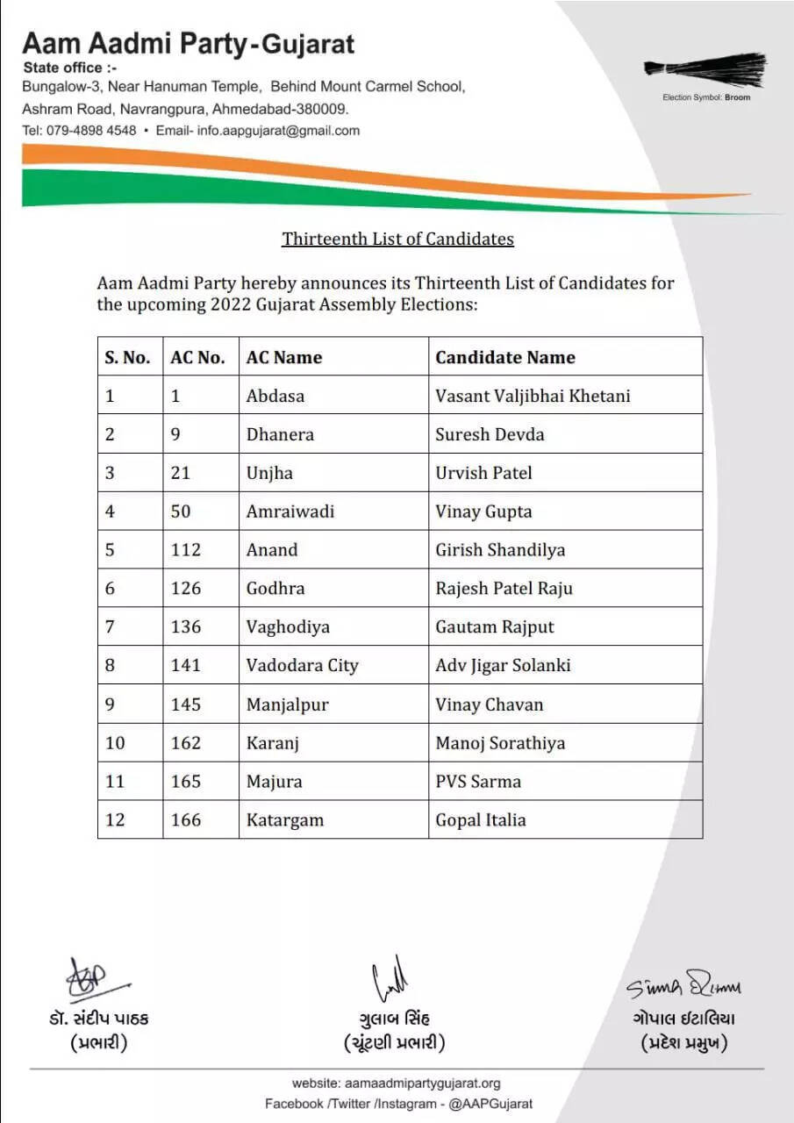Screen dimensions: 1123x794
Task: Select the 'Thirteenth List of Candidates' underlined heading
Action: (397, 239)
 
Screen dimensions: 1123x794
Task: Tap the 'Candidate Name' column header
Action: (504, 357)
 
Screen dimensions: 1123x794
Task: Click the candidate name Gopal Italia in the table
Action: (480, 819)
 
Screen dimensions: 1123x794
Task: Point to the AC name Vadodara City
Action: (302, 665)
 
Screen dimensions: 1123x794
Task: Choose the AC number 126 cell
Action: (186, 588)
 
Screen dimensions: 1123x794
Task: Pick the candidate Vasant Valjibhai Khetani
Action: (533, 396)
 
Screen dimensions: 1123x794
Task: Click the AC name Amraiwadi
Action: (290, 511)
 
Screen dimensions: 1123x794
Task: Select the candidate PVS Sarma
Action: (477, 781)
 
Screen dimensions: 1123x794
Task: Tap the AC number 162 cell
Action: (186, 742)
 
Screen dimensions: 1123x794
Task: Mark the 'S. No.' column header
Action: (128, 357)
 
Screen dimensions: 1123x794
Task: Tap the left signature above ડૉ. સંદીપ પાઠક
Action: (95, 982)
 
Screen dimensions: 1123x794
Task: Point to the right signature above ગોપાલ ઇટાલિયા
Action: (683, 986)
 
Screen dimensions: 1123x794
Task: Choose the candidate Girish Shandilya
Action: (500, 550)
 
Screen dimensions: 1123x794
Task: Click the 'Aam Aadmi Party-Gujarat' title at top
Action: (189, 44)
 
